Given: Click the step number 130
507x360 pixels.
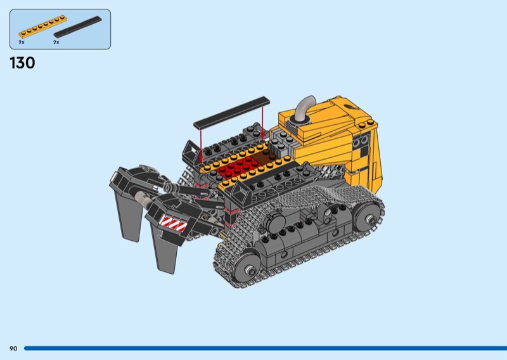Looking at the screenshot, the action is [x=22, y=63].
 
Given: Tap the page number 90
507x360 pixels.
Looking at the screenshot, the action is [x=13, y=349].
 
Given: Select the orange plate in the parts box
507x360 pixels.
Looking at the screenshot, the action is [x=42, y=27].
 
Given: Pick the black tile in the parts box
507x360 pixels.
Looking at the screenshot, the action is [x=77, y=27].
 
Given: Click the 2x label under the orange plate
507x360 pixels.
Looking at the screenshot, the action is [x=22, y=42].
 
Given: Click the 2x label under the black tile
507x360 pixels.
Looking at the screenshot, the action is [x=56, y=42].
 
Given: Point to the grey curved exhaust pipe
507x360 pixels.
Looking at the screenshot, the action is [x=304, y=108].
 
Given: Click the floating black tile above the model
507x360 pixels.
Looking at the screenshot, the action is [x=231, y=112].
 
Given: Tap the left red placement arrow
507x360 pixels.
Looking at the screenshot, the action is [x=201, y=146].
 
